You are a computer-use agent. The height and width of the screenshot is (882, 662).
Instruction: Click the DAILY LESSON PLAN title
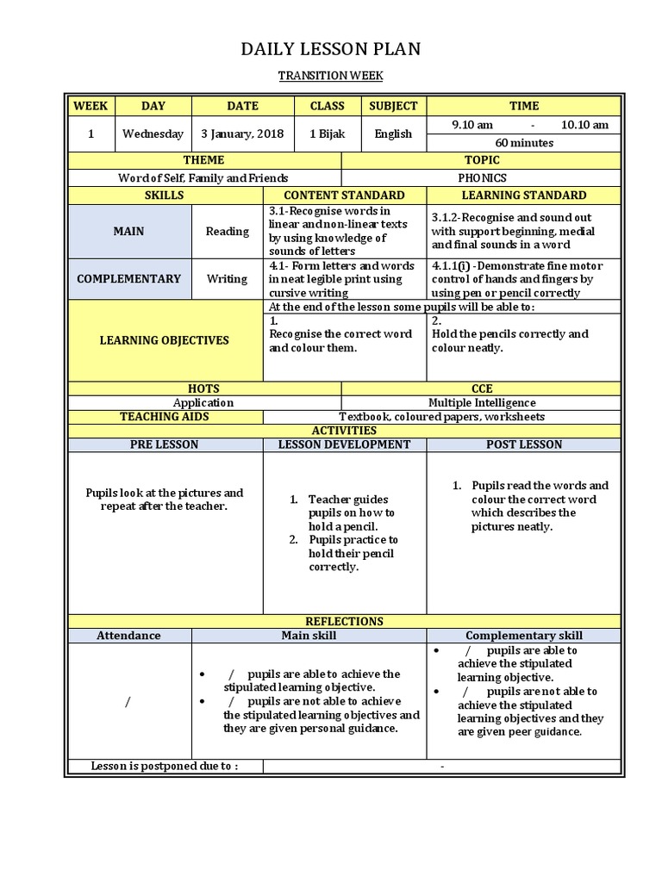331,49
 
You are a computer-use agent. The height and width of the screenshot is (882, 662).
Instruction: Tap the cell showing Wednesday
153,134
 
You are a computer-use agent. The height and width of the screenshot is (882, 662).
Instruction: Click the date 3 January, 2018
242,134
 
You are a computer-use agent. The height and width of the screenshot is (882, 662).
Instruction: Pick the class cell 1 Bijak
327,134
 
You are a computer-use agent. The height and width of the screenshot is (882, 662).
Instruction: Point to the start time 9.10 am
472,125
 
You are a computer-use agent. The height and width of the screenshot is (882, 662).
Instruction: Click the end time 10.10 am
584,125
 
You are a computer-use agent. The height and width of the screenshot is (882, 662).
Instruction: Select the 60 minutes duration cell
524,143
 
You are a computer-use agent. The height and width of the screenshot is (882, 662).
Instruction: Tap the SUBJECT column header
393,106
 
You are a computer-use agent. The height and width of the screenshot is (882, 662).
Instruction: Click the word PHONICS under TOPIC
482,178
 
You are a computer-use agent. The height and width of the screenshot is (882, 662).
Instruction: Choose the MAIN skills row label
128,231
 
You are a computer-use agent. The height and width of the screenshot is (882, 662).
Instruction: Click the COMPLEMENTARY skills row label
128,279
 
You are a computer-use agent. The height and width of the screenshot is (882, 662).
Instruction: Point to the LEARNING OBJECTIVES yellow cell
165,340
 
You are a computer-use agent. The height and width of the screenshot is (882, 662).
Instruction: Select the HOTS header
203,388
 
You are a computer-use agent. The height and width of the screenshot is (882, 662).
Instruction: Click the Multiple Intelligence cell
482,402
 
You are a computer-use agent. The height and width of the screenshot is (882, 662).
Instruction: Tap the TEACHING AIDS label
165,417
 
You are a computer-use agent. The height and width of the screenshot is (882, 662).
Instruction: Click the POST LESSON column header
523,444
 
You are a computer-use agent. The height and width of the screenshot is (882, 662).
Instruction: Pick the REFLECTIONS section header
344,621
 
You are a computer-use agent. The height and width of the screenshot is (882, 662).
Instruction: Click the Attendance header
128,636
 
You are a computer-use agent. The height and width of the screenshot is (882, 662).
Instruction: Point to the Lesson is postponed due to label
165,767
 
